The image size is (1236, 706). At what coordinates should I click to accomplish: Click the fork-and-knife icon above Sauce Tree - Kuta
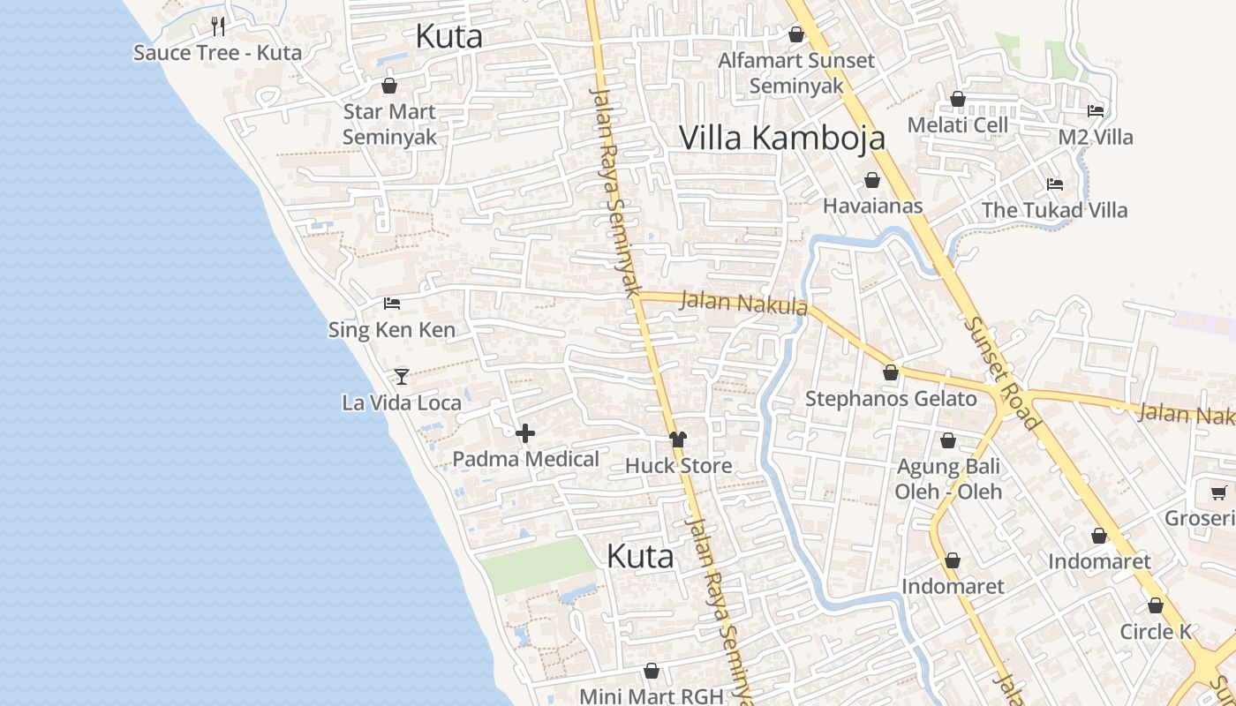tap(218, 26)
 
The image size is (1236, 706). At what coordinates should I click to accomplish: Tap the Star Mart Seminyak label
tap(389, 124)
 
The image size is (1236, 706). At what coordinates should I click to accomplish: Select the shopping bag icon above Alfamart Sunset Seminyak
tap(795, 34)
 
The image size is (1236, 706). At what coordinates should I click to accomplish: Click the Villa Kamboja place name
tap(781, 139)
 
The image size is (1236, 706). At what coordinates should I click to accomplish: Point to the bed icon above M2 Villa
tap(1096, 111)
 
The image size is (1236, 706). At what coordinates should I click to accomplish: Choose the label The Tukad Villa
tap(1054, 210)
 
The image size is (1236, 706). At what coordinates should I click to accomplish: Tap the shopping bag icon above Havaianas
tap(872, 180)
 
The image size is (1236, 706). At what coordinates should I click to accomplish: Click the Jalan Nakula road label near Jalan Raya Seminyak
tap(743, 303)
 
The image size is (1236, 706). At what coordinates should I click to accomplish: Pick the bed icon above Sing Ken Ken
tap(392, 304)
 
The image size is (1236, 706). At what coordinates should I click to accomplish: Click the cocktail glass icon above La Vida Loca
tap(402, 377)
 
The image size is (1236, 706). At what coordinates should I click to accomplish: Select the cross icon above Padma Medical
tap(525, 432)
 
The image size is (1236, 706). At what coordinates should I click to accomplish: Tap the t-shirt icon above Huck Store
tap(677, 439)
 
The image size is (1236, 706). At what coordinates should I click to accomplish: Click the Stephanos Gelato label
tap(891, 399)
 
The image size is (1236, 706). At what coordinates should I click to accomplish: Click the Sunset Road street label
tap(1001, 373)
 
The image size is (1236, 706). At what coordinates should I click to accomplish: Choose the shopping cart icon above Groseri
tap(1218, 492)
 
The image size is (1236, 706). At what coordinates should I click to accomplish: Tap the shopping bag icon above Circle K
tap(1155, 606)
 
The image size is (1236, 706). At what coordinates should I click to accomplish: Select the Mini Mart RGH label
tap(652, 695)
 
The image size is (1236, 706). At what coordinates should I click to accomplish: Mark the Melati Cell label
tap(957, 124)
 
